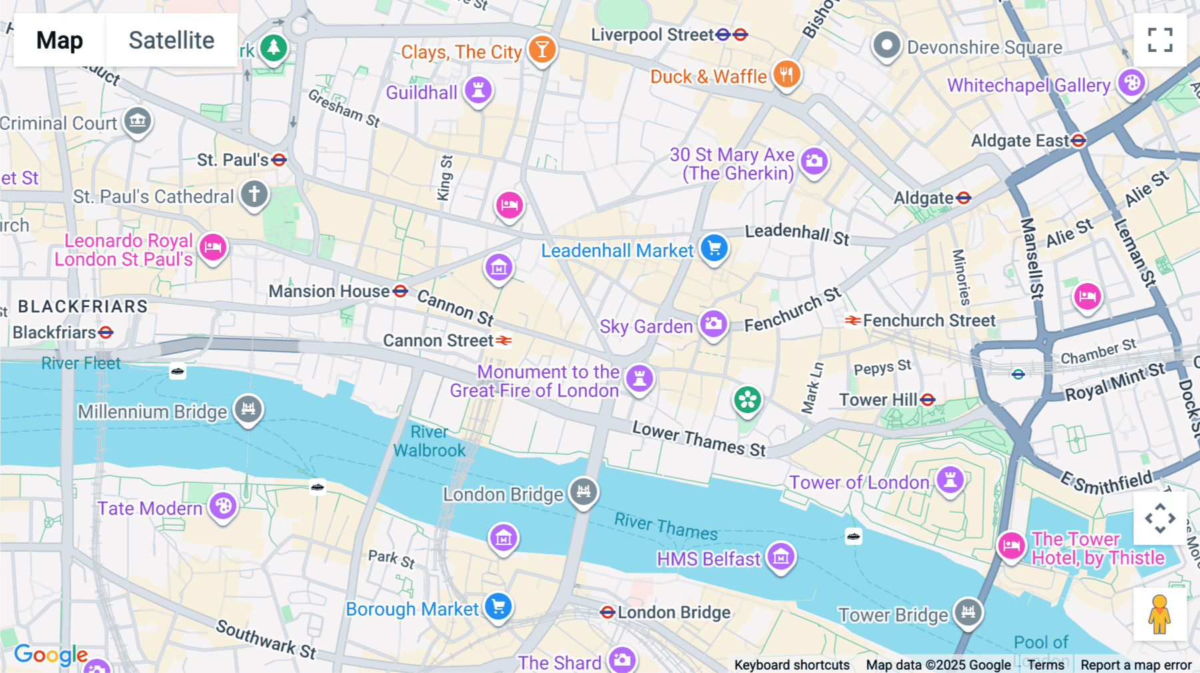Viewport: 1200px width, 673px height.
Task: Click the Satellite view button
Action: tap(171, 40)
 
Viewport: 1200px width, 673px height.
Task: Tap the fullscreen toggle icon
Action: tap(1160, 40)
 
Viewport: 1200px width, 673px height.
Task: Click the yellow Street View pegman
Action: tap(1159, 614)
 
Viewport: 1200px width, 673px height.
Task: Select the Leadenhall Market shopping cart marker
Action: tap(714, 248)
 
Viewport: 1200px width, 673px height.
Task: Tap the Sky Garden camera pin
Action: tap(713, 324)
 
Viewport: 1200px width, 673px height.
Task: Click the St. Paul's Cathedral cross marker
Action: tap(254, 195)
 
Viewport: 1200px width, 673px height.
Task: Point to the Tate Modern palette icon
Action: tap(223, 506)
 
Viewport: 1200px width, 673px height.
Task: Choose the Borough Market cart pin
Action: tap(498, 606)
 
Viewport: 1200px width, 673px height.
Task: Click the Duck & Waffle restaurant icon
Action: tap(787, 74)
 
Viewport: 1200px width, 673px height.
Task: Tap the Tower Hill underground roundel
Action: tap(927, 400)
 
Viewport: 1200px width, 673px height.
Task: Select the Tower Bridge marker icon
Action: tap(968, 611)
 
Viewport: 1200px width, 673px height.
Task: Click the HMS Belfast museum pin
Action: tap(781, 556)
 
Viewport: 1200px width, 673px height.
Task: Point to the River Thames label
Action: tap(665, 526)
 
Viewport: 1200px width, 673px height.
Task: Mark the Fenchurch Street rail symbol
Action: tap(853, 321)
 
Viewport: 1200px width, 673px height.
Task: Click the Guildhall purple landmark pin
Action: tap(478, 89)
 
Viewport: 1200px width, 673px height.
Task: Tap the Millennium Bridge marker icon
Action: tap(248, 408)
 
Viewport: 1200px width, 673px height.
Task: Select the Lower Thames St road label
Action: tap(699, 439)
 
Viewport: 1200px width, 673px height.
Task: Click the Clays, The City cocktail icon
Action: tap(542, 49)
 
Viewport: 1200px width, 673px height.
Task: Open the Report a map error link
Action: tap(1135, 665)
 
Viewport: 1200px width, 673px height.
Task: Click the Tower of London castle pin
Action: tap(950, 479)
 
